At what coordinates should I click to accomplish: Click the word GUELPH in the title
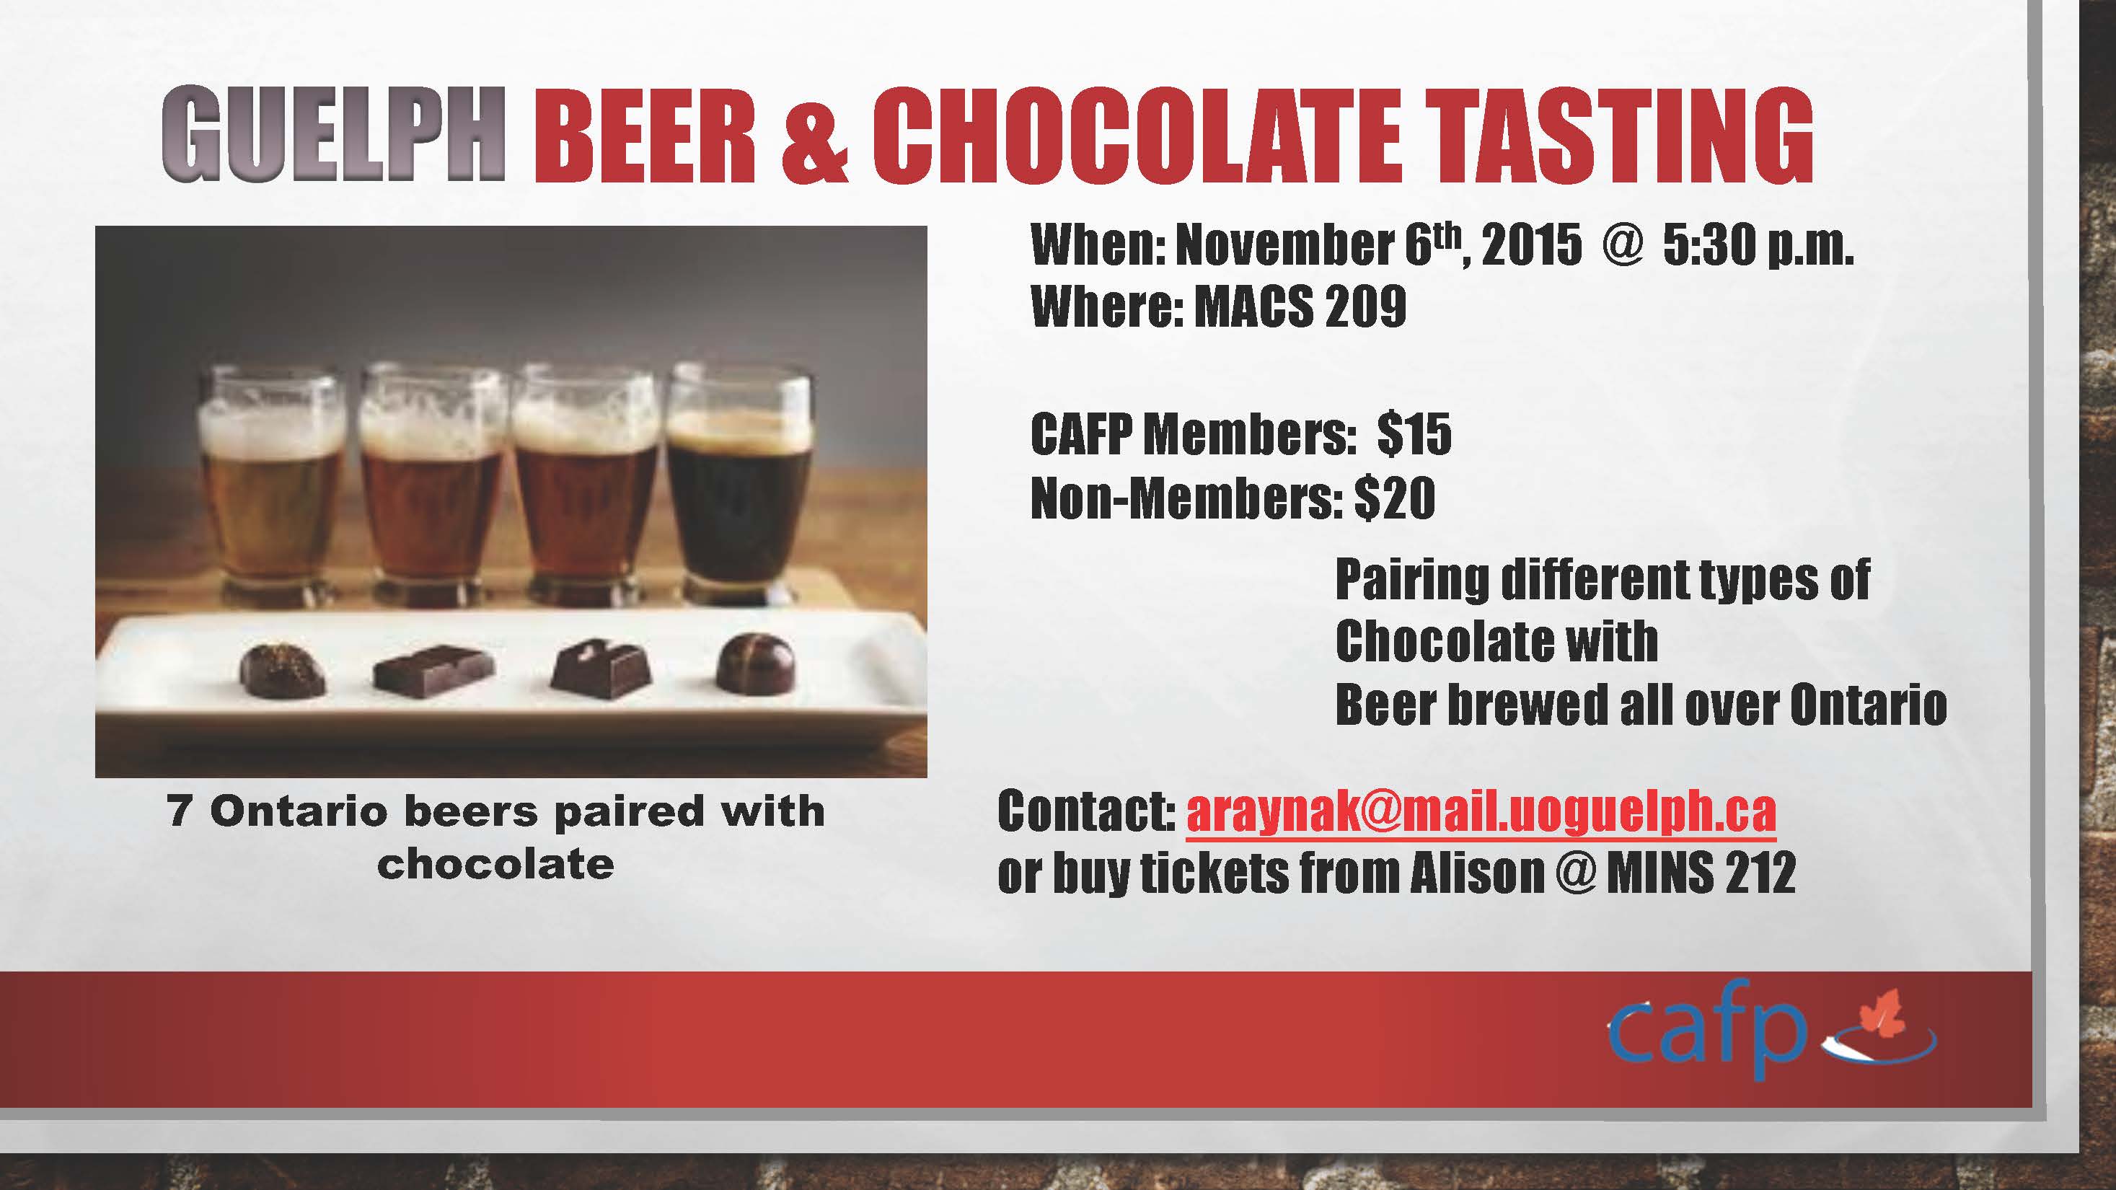pos(333,134)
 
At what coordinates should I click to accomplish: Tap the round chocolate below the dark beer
pos(756,662)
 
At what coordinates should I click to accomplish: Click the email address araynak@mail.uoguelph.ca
pos(1481,811)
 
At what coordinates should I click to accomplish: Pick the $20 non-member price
pos(1395,497)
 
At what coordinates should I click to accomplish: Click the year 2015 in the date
pos(1533,244)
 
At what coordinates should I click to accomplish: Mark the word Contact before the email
pos(1086,811)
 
